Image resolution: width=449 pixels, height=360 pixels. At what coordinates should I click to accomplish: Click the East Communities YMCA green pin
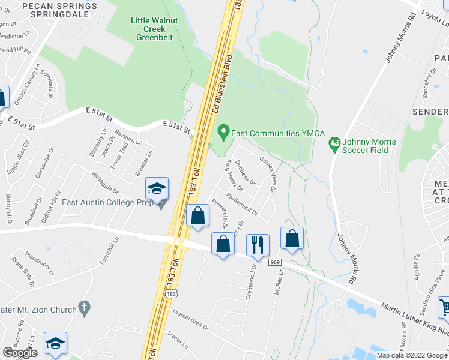(223, 130)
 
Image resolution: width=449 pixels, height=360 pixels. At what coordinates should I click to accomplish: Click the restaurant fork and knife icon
(258, 244)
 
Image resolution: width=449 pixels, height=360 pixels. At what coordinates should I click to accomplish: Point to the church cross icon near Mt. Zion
(84, 308)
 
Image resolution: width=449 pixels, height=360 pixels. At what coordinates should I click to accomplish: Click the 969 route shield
(276, 262)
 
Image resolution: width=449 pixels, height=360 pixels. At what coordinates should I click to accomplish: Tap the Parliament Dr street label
(243, 203)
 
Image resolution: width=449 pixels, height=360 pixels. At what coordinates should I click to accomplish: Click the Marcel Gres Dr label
(190, 320)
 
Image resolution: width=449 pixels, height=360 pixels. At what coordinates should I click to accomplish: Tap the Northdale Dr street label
(106, 184)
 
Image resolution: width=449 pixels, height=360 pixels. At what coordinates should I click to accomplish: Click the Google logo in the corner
(20, 352)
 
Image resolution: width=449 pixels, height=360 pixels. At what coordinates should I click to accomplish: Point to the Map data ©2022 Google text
(412, 355)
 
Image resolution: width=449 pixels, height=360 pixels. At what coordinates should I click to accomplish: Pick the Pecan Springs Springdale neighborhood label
(59, 10)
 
